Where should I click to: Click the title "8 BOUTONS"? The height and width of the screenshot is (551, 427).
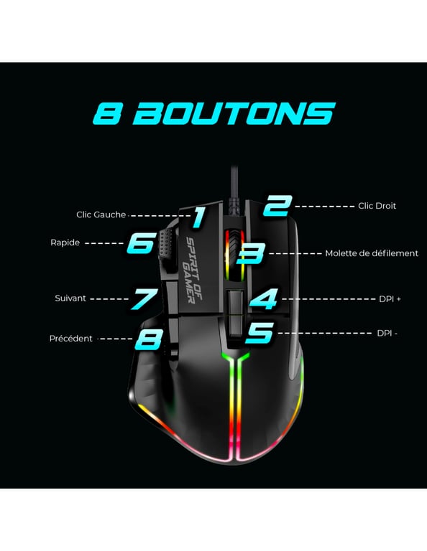[214, 113]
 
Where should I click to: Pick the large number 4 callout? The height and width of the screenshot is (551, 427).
[264, 298]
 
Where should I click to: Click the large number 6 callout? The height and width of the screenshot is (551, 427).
[141, 242]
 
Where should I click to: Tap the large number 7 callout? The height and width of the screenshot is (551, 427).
[143, 298]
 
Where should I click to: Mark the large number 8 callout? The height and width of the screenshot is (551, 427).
[149, 338]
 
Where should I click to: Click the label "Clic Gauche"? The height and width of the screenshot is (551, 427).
[101, 215]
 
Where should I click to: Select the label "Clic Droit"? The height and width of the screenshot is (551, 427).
[377, 206]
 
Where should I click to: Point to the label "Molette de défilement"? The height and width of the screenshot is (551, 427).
[371, 253]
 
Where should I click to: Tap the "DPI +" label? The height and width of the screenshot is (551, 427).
[389, 298]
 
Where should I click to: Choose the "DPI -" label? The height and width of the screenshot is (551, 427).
[387, 334]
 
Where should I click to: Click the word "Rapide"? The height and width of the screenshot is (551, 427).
[65, 242]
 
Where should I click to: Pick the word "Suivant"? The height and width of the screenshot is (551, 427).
[70, 298]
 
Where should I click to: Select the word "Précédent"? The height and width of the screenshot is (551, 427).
[70, 339]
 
